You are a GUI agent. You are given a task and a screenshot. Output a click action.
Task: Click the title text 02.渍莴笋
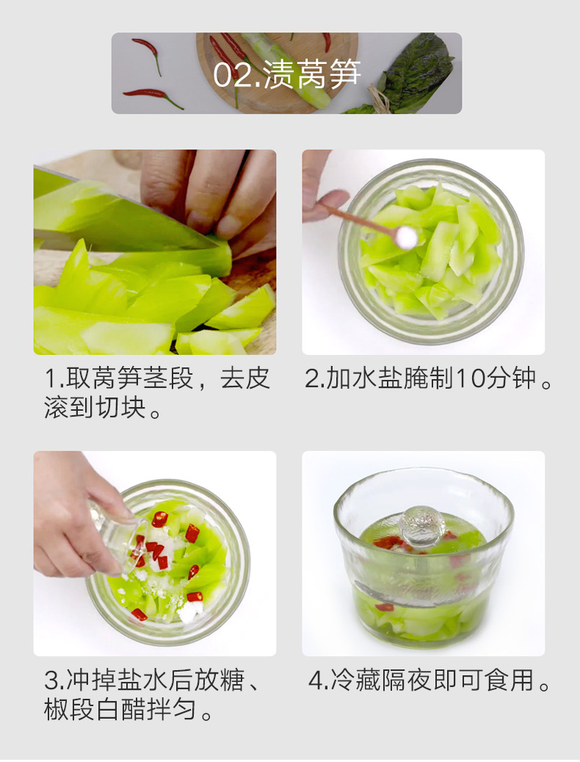[x=287, y=74]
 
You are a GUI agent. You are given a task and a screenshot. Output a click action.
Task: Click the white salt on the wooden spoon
[x=406, y=237]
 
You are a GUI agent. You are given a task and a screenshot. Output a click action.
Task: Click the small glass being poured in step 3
[x=117, y=534]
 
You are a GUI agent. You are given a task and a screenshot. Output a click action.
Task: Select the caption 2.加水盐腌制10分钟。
[x=428, y=378]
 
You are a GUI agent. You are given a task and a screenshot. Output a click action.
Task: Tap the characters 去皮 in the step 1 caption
[x=245, y=378]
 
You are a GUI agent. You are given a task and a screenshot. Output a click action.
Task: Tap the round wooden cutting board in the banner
[x=277, y=73]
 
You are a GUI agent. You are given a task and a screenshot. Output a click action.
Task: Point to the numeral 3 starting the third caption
[x=51, y=680]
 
